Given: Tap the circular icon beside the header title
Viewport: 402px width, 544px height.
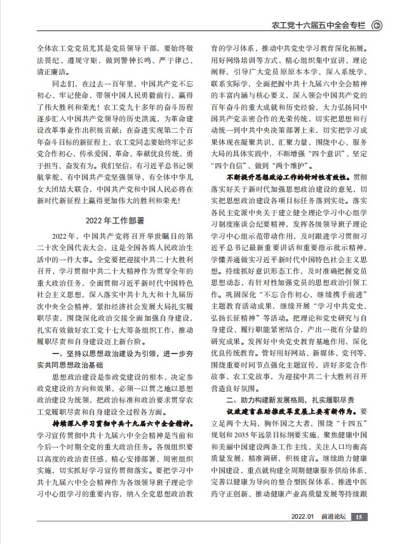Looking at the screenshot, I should [377, 25].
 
